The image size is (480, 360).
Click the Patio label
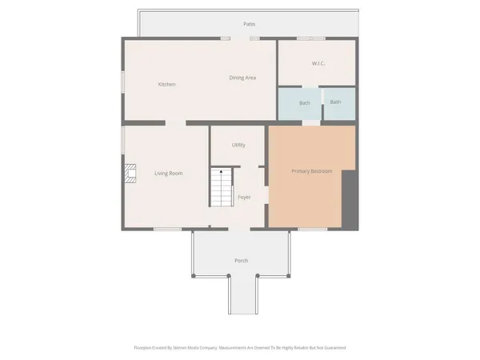click(x=250, y=24)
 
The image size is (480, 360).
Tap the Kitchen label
click(x=166, y=84)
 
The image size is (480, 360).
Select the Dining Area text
click(x=242, y=78)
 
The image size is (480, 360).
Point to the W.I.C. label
click(x=318, y=63)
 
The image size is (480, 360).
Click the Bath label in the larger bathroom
click(x=305, y=102)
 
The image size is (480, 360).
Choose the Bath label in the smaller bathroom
click(x=335, y=102)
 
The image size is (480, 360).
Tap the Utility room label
click(x=238, y=145)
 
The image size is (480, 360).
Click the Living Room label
click(x=169, y=173)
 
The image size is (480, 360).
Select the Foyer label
click(x=244, y=197)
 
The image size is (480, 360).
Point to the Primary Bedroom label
click(x=312, y=171)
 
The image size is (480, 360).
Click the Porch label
click(x=241, y=261)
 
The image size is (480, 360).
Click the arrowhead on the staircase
click(x=222, y=172)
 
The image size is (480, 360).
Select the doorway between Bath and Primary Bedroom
click(x=310, y=123)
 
